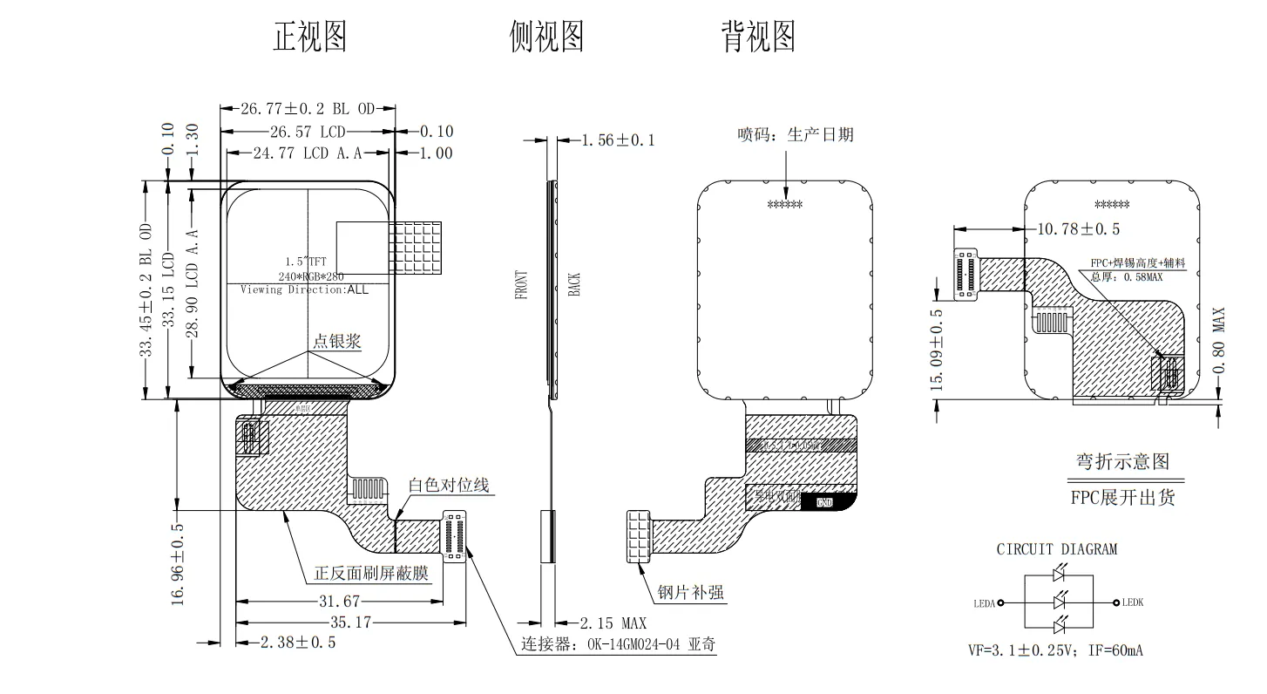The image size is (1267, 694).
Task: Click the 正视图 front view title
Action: click(310, 37)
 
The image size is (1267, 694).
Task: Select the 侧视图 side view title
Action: click(546, 37)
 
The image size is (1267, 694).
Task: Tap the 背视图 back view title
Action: click(757, 37)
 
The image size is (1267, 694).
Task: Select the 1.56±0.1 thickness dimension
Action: click(618, 139)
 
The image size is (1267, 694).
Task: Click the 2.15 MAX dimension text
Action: click(614, 623)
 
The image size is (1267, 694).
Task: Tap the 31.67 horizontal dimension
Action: click(340, 602)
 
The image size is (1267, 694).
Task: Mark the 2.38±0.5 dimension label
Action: click(298, 643)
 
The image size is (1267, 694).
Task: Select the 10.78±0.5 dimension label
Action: click(1079, 229)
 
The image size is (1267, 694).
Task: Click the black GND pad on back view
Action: click(824, 502)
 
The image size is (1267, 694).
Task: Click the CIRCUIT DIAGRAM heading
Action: click(1056, 549)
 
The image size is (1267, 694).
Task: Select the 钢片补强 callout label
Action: click(691, 593)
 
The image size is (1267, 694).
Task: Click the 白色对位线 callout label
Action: click(449, 486)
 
